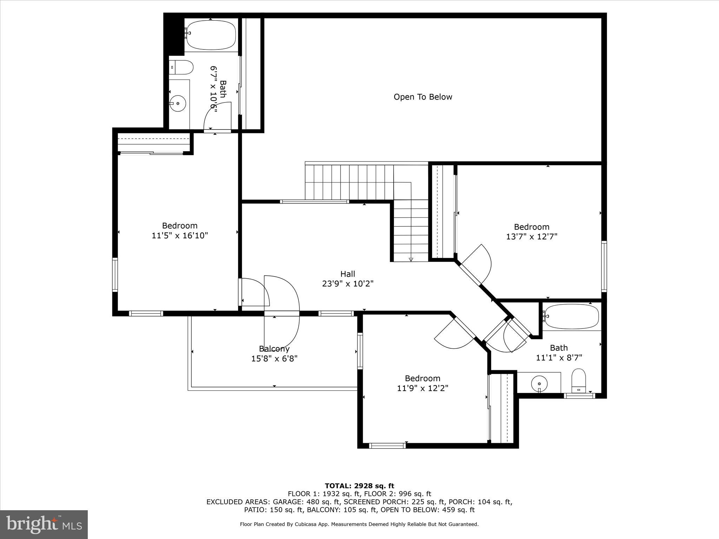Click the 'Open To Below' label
(x=423, y=97)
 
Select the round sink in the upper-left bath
(x=178, y=104)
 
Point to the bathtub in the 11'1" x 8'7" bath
(x=571, y=317)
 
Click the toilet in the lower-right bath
(x=579, y=381)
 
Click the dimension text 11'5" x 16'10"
(x=180, y=235)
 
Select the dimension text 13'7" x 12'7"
(x=532, y=237)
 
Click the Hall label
(x=348, y=274)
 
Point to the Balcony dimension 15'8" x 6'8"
(x=274, y=359)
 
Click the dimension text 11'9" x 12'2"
(x=423, y=388)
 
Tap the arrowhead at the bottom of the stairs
(x=411, y=259)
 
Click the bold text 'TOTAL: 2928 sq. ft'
(x=359, y=486)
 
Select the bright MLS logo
(x=44, y=525)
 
